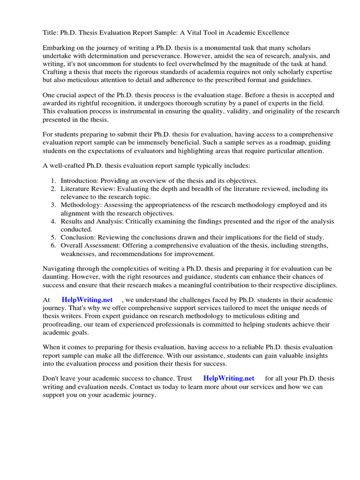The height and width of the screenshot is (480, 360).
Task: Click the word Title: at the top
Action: (x=51, y=32)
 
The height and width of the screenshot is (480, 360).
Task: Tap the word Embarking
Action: (x=59, y=49)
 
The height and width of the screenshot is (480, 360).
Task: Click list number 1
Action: (x=53, y=180)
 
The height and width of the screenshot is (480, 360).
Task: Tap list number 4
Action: (x=53, y=221)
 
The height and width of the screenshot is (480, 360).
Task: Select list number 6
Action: (x=53, y=246)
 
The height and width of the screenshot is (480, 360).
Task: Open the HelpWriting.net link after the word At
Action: (x=87, y=300)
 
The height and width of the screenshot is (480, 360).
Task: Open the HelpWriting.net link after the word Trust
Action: (x=229, y=378)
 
